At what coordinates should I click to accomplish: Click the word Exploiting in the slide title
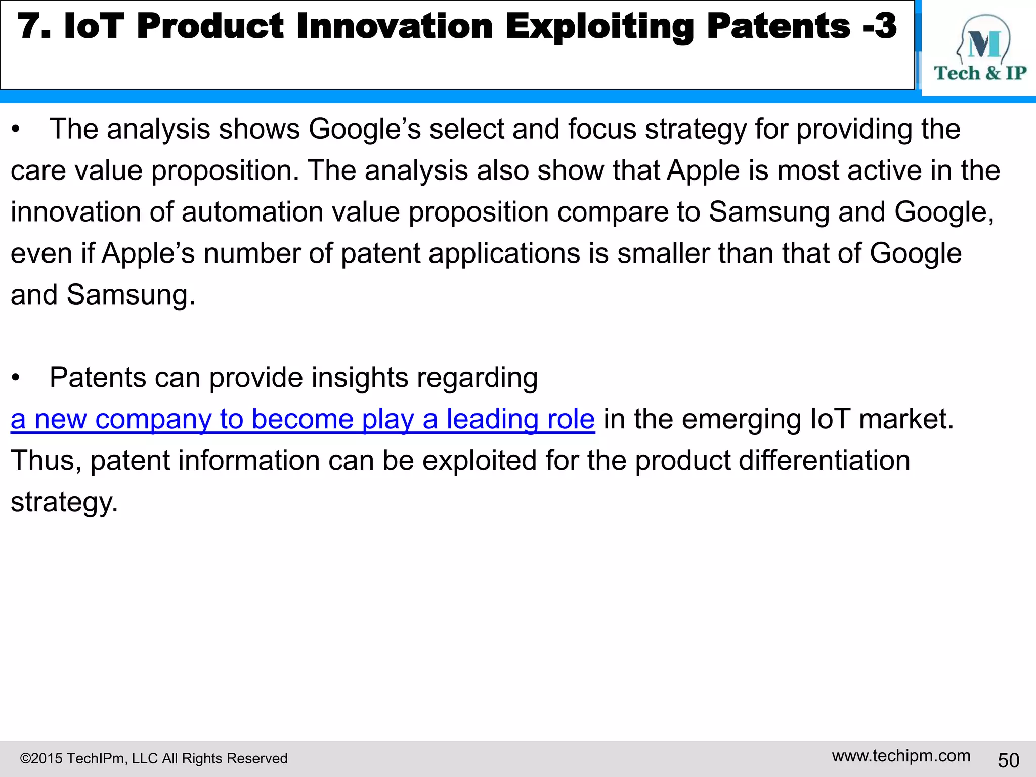tap(599, 26)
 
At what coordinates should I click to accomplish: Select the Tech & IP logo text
tap(980, 73)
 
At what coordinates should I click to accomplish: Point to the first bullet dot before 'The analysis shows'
tap(16, 130)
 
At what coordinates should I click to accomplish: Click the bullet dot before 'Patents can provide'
tap(16, 378)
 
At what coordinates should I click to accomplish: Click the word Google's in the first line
tap(365, 129)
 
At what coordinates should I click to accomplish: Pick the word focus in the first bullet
tap(602, 129)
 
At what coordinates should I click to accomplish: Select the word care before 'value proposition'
tap(38, 171)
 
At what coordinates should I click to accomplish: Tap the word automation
tap(252, 212)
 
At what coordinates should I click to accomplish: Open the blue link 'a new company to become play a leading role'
tap(303, 419)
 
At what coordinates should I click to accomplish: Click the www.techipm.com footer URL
tap(901, 756)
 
